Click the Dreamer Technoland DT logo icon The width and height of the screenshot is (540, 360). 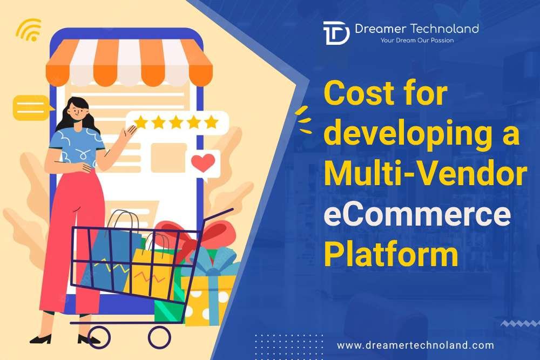(x=335, y=33)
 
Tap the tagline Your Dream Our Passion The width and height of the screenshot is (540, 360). (x=417, y=40)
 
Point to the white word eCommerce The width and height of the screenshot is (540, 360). (x=416, y=215)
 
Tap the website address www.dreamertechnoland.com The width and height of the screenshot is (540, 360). (x=415, y=344)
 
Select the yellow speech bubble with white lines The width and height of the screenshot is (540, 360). (x=31, y=106)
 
